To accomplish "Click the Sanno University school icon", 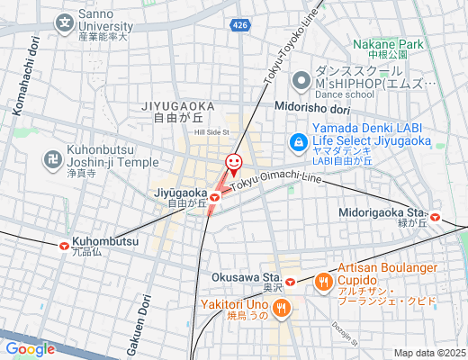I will (x=65, y=23).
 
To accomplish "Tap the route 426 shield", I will (x=239, y=26).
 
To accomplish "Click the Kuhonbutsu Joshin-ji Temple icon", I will (x=52, y=160).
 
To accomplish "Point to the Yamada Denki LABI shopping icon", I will (x=297, y=141).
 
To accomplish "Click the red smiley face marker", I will (x=233, y=163).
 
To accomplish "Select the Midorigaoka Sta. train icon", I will (x=436, y=216).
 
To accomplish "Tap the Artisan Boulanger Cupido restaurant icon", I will (x=323, y=282).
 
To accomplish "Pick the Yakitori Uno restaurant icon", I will (x=281, y=309).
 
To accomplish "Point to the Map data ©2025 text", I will (x=428, y=353).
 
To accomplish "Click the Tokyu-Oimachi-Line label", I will (x=275, y=180).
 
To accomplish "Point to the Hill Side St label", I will (x=212, y=132).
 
